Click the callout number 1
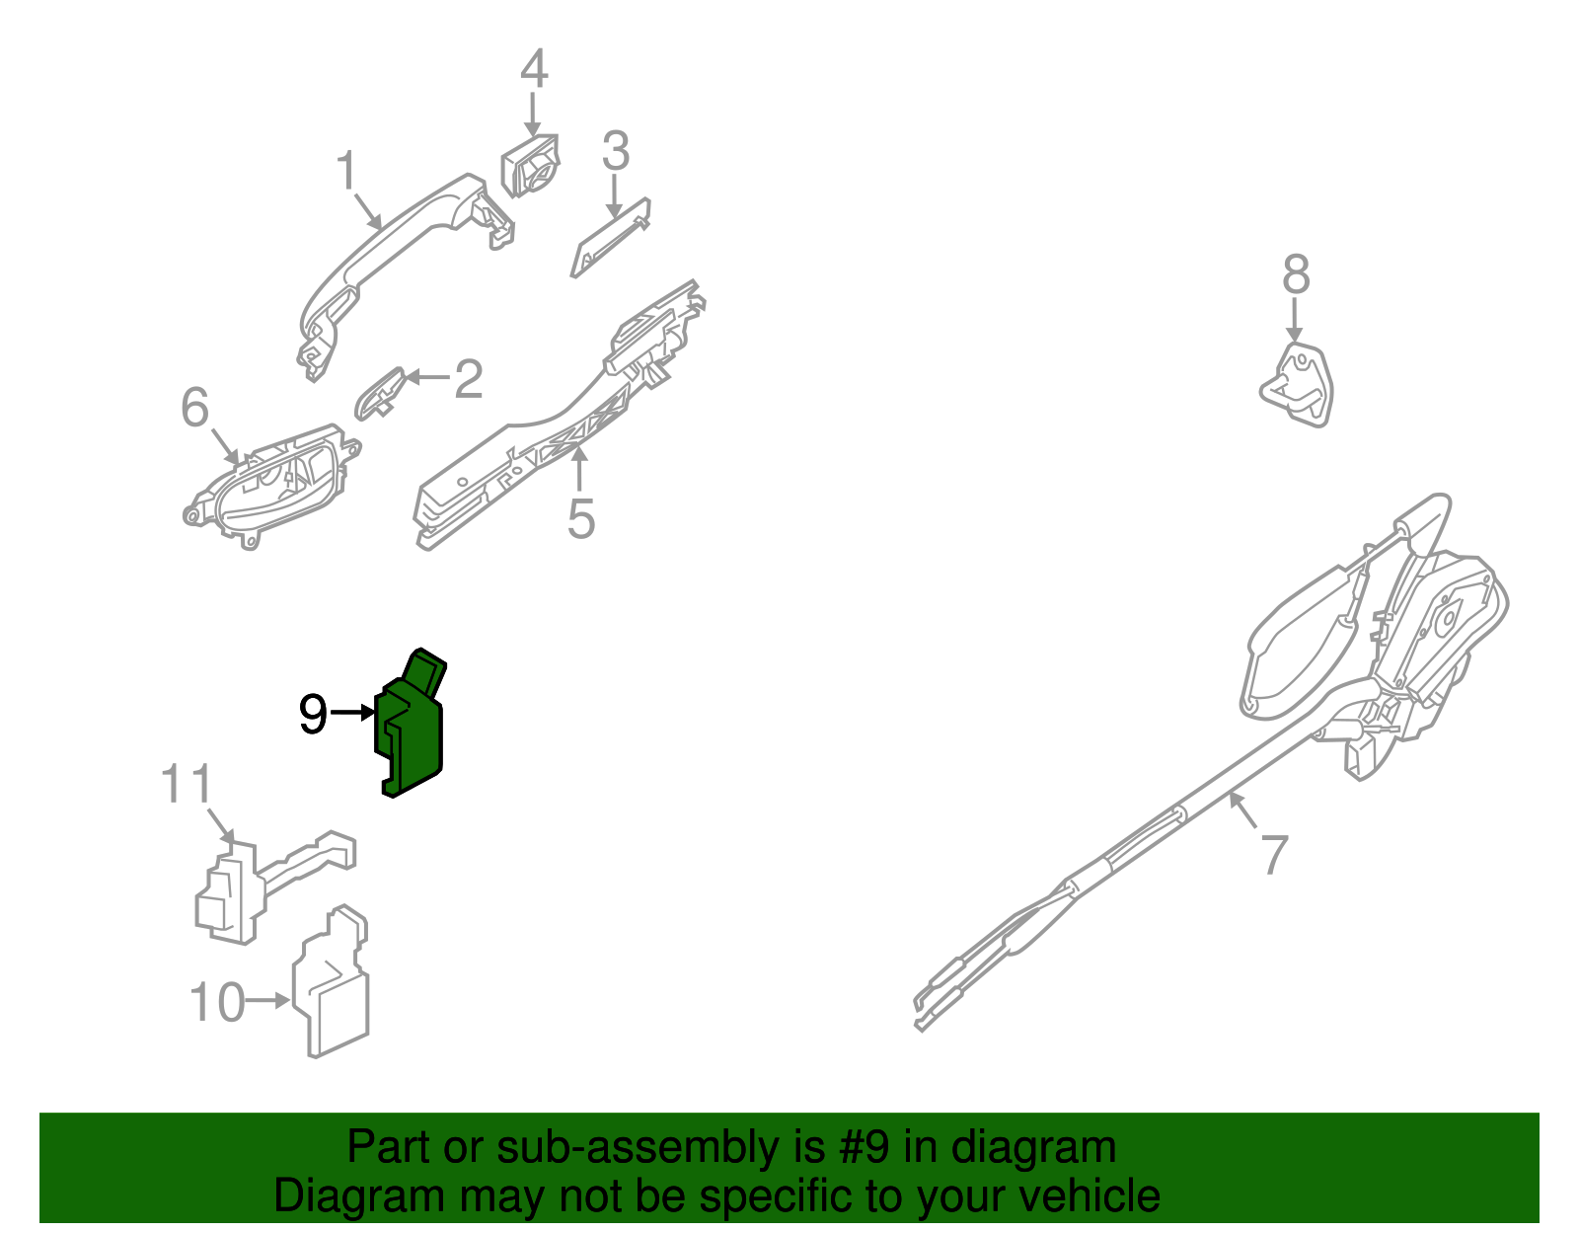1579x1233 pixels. pyautogui.click(x=345, y=172)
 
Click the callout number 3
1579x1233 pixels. pyautogui.click(x=615, y=152)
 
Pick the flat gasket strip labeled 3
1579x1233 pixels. pyautogui.click(x=610, y=238)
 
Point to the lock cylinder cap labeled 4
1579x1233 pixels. pyautogui.click(x=530, y=166)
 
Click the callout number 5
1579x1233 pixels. pyautogui.click(x=580, y=518)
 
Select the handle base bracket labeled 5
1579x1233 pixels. pyautogui.click(x=553, y=434)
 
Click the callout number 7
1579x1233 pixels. pyautogui.click(x=1275, y=855)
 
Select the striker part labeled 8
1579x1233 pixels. pyautogui.click(x=1299, y=385)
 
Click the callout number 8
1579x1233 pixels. pyautogui.click(x=1296, y=274)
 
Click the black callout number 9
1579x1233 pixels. pyautogui.click(x=313, y=714)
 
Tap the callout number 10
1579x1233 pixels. pyautogui.click(x=216, y=1003)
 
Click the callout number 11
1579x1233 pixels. pyautogui.click(x=187, y=785)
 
